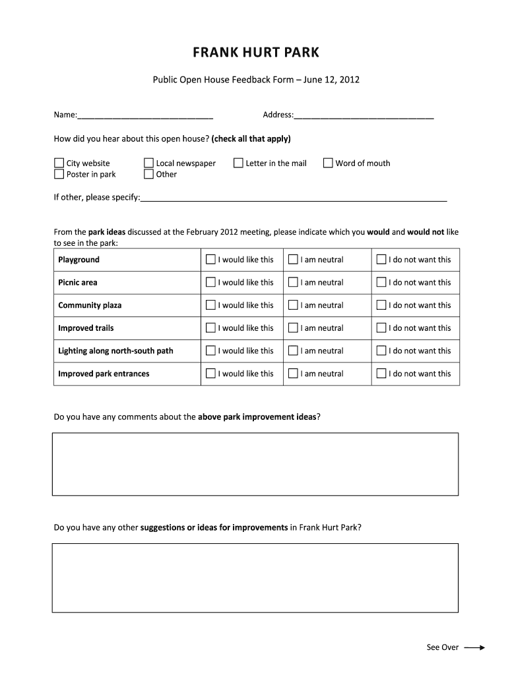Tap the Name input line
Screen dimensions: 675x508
tap(145, 115)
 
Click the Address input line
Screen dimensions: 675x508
tap(364, 115)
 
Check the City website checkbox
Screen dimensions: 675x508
tap(59, 163)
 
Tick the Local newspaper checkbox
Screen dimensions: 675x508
tap(148, 163)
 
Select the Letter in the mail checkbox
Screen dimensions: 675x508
tap(238, 163)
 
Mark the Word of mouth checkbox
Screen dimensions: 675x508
tap(328, 163)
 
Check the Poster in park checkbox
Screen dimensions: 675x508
tap(59, 175)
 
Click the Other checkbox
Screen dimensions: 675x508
tap(148, 175)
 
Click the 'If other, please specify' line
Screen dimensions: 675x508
tap(294, 197)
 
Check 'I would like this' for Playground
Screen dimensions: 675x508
tap(210, 260)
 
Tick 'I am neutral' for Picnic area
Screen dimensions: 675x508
tap(293, 282)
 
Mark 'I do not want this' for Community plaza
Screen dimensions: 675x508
tap(381, 305)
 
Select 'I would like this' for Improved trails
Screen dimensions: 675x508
tap(210, 328)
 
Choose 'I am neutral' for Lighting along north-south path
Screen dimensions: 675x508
tap(293, 351)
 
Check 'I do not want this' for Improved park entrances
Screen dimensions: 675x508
tap(381, 374)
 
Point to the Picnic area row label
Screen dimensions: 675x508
tap(78, 283)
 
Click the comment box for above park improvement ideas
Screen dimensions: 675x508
tap(255, 464)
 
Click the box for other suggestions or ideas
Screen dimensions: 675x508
tap(255, 578)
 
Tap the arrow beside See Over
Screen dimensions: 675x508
tap(474, 648)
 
